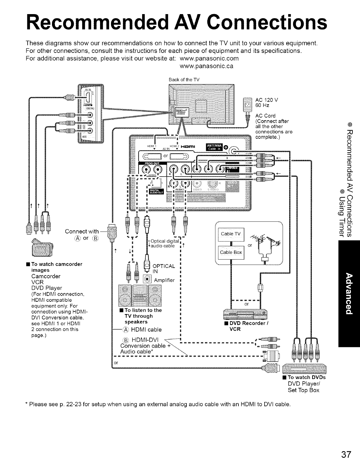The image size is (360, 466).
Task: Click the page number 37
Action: click(346, 455)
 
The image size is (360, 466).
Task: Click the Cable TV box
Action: click(231, 234)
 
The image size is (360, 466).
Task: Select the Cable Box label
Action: click(231, 252)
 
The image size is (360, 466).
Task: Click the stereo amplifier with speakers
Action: click(142, 296)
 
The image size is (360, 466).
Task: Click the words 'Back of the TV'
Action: click(184, 80)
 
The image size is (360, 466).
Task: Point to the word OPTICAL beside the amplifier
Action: click(164, 266)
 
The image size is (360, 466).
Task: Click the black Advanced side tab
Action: click(349, 297)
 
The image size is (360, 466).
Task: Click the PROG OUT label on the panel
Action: click(152, 163)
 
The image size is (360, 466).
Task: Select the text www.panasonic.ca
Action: click(206, 66)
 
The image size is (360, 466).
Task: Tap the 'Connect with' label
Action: click(82, 231)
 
